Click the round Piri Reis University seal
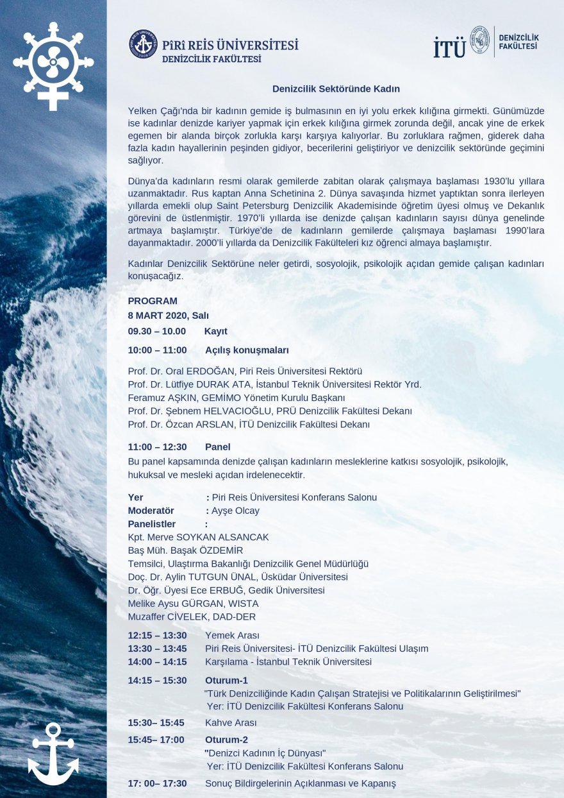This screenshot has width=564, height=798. (x=143, y=44)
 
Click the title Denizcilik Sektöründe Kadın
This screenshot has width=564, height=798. (x=336, y=89)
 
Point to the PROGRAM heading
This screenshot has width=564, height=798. (x=153, y=301)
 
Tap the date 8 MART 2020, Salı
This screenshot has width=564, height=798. (x=168, y=316)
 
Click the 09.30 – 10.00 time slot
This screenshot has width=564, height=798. (x=156, y=332)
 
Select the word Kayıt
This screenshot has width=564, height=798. (x=216, y=332)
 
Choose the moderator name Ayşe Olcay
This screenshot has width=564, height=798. (x=235, y=511)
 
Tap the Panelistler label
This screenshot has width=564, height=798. (x=151, y=524)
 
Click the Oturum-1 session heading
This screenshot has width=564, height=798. (x=226, y=680)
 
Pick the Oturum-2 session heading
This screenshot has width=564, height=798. (x=226, y=740)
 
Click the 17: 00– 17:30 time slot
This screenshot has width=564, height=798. (x=157, y=783)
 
